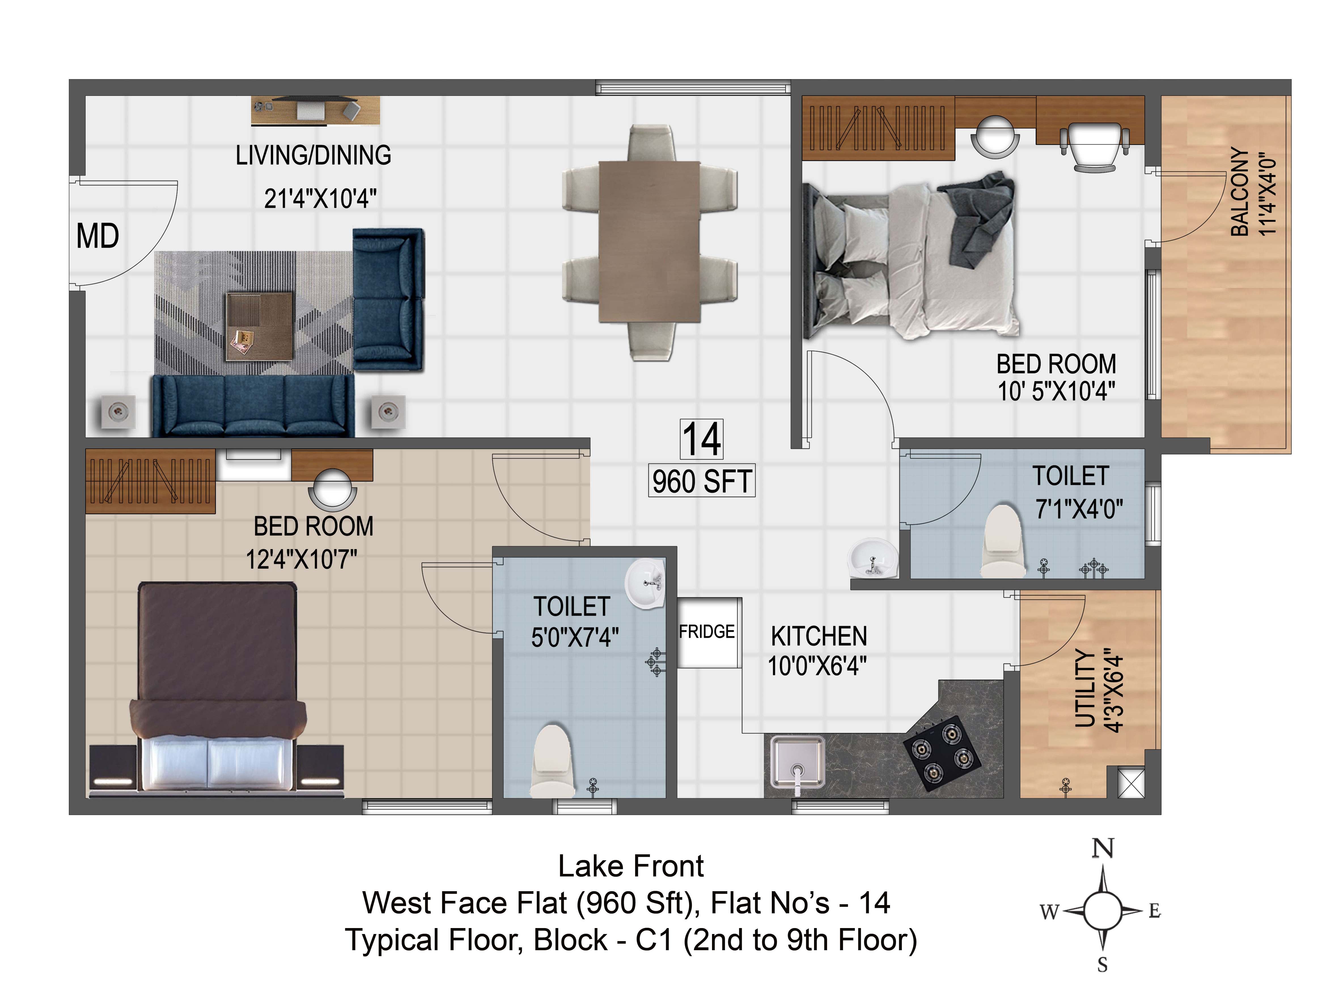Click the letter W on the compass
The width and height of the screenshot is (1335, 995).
point(1049,912)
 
